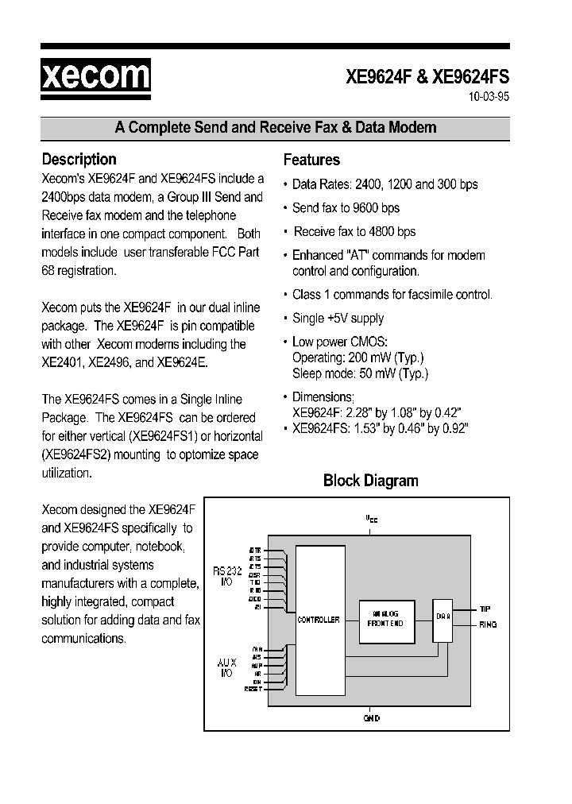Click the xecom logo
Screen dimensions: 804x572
pos(95,76)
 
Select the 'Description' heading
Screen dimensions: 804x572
pos(79,159)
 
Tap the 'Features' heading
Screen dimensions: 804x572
pos(311,160)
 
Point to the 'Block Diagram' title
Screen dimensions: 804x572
pos(370,481)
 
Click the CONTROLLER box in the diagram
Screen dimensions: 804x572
pos(318,620)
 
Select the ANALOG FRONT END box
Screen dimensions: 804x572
pos(385,619)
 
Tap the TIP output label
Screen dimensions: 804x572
pos(485,609)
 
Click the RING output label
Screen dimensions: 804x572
pos(488,624)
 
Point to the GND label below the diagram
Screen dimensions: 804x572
pos(371,718)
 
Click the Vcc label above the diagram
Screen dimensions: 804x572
pos(371,518)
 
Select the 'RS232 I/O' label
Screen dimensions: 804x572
pos(225,576)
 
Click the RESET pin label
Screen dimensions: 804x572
pos(253,690)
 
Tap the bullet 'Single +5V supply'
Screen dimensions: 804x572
pos(338,319)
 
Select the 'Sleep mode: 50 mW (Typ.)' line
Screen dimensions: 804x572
pos(360,373)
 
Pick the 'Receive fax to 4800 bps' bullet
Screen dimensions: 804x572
pos(354,232)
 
